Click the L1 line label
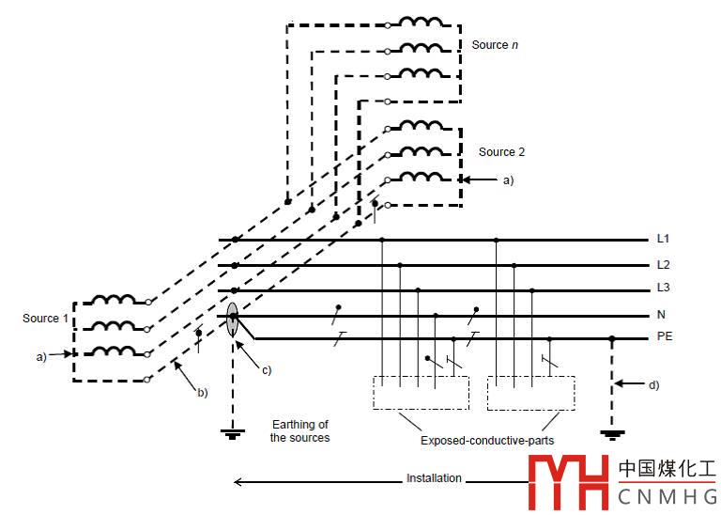point(664,241)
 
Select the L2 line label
point(664,266)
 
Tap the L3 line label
point(664,290)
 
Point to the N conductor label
point(661,316)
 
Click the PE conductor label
point(665,336)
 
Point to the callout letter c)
point(266,370)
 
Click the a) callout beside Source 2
point(509,179)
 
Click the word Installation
point(434,478)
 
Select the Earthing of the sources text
point(300,430)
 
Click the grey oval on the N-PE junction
point(232,319)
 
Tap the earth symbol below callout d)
point(612,435)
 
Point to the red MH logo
point(568,480)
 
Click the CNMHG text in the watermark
point(667,495)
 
